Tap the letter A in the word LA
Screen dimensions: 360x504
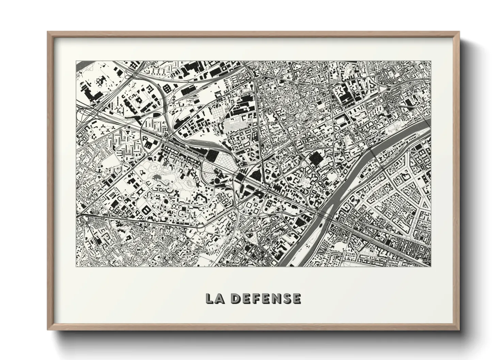[x=219, y=298]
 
